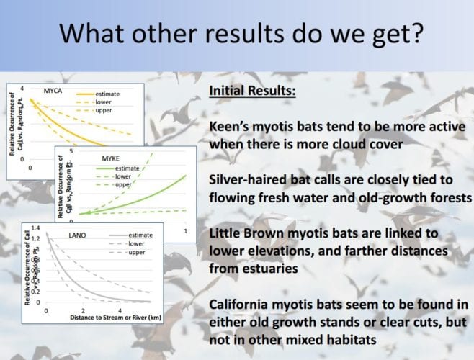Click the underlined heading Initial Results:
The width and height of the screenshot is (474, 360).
click(252, 91)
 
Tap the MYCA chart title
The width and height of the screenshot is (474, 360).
click(53, 91)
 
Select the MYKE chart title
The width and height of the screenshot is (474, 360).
click(111, 158)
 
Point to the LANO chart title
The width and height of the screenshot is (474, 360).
click(77, 235)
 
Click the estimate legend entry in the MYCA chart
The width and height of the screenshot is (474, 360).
click(107, 94)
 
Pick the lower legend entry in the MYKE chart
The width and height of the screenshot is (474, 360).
click(123, 176)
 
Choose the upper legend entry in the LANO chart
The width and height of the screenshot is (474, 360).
click(137, 252)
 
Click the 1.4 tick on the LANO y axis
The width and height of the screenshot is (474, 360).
click(36, 228)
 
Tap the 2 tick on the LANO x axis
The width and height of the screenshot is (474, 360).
click(83, 311)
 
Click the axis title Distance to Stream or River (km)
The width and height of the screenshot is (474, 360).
click(115, 318)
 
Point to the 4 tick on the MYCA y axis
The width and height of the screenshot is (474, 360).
click(22, 89)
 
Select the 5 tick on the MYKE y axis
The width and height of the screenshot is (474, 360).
click(71, 150)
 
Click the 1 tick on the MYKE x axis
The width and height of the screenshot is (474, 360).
click(186, 231)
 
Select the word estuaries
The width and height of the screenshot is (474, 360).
click(254, 269)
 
